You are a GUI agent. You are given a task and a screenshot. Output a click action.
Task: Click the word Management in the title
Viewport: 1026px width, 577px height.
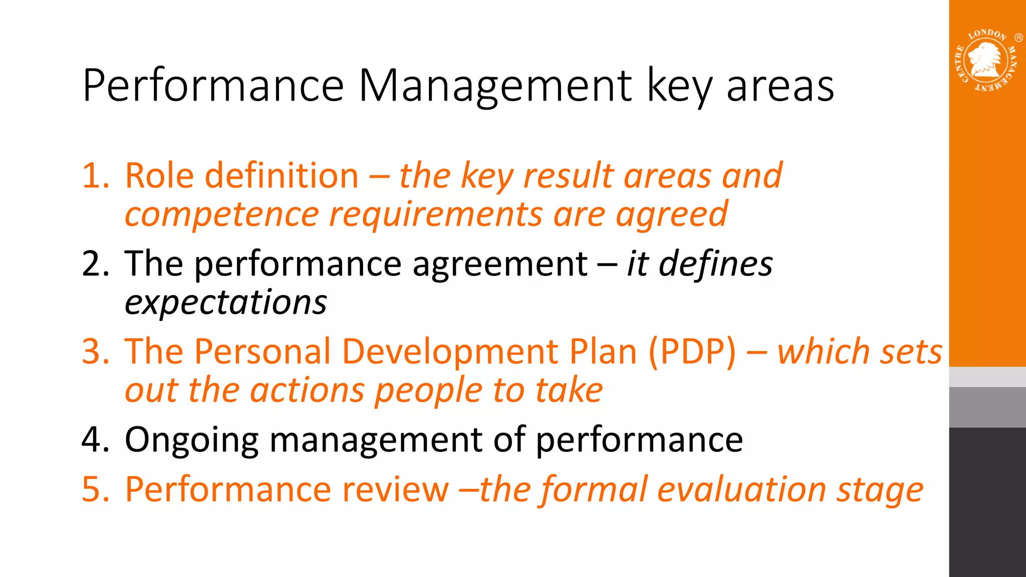coord(495,86)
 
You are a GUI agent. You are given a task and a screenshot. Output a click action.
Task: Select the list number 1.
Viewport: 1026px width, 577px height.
coord(95,176)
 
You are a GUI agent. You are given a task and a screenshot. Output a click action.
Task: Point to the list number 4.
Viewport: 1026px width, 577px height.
coord(95,439)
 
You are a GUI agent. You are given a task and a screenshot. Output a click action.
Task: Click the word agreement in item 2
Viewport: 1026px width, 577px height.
coord(499,264)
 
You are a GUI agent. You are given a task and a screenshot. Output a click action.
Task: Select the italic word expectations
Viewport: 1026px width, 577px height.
coord(225,303)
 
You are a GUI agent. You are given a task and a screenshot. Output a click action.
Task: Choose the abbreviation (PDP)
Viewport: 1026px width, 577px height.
coord(692,352)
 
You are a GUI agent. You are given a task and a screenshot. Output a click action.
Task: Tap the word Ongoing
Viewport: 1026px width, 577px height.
coord(191,440)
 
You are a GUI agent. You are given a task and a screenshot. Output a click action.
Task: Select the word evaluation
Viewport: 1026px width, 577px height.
coord(741,489)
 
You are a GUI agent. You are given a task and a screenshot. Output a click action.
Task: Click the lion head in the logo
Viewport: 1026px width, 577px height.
coord(985,59)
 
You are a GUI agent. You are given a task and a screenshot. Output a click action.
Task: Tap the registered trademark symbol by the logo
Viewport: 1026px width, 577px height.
coord(1018,38)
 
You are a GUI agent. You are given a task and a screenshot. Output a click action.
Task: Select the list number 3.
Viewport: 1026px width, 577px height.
coord(95,352)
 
